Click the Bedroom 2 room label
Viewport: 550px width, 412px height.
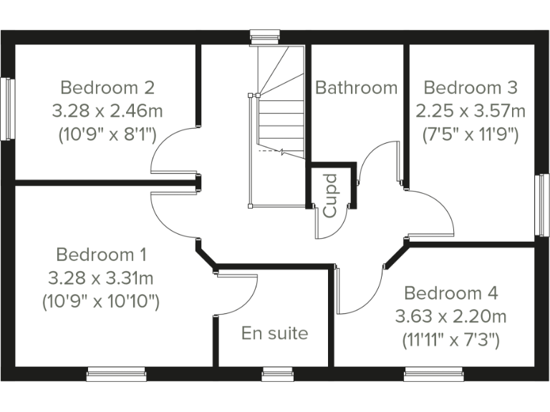click(x=107, y=88)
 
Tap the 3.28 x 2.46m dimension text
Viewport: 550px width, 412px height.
click(x=107, y=111)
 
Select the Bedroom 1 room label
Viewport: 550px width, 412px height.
click(x=101, y=255)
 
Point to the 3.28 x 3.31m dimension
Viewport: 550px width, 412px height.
click(x=101, y=278)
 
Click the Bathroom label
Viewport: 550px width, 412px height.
click(x=356, y=88)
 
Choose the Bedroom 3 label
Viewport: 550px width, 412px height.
click(x=471, y=88)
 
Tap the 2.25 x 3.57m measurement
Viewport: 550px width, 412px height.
click(x=471, y=111)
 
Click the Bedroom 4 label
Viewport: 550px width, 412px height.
click(x=451, y=293)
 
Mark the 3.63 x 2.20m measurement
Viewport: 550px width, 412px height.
click(x=451, y=316)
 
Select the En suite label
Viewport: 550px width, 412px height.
click(x=274, y=333)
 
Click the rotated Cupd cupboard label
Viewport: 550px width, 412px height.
click(x=330, y=195)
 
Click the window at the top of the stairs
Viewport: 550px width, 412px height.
click(x=265, y=36)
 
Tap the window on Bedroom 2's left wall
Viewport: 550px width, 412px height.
click(x=8, y=109)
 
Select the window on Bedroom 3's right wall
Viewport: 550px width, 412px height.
click(x=542, y=205)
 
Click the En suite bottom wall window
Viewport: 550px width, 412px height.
click(x=277, y=373)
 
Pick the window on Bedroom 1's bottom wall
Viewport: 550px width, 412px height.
click(x=116, y=373)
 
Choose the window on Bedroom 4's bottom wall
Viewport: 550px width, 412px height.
click(x=433, y=373)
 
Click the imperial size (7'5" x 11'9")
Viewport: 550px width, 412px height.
click(x=471, y=134)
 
